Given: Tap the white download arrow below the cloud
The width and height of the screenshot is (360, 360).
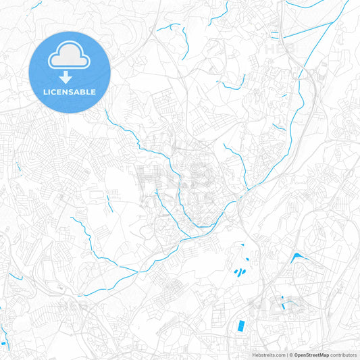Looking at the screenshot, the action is [70, 77].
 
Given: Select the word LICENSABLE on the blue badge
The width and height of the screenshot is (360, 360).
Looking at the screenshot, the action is [70, 91].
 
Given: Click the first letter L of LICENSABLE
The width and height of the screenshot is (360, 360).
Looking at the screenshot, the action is [45, 91].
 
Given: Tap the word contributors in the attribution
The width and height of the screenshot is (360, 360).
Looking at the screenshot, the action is [343, 354].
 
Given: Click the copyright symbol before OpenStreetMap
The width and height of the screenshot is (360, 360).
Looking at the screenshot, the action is [290, 354].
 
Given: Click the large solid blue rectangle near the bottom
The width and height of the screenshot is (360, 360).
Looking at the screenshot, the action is [240, 325].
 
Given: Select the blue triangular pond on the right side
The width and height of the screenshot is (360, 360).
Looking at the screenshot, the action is [297, 257].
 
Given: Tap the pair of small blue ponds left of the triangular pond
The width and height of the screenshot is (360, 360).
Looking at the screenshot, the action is [239, 272].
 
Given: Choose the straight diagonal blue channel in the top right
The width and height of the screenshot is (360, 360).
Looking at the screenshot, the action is [307, 31].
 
